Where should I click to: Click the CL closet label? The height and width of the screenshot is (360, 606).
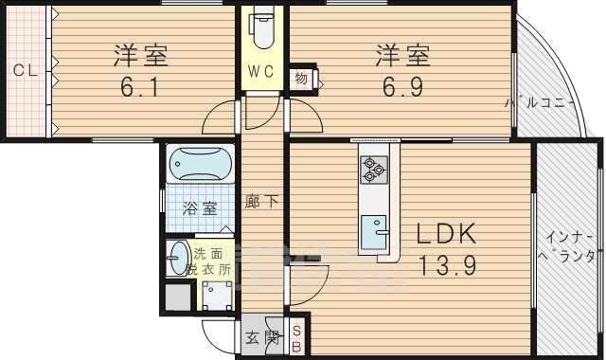[x=24, y=69]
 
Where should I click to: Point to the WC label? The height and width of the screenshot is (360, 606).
[x=261, y=72]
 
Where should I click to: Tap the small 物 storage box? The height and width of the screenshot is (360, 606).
[x=301, y=78]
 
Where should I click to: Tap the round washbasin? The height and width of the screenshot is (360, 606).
[x=178, y=258]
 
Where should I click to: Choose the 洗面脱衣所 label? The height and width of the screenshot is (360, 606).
[x=213, y=261]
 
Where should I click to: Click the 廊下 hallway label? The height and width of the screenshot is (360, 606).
[x=261, y=202]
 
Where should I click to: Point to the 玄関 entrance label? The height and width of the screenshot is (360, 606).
[x=261, y=336]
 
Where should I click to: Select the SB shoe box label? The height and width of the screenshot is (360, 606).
[x=296, y=338]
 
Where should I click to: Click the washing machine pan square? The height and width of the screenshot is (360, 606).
[x=220, y=297]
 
